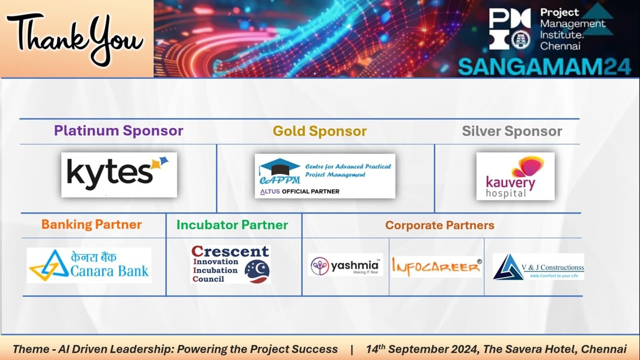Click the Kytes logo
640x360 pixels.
(119, 174)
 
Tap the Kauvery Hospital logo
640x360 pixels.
(516, 176)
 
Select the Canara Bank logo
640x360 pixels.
(89, 265)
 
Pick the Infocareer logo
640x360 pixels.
(436, 266)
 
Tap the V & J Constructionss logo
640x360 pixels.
(538, 266)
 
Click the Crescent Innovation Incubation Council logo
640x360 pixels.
(230, 264)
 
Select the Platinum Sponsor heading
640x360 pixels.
(118, 130)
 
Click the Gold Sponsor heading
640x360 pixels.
(320, 131)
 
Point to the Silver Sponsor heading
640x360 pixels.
(512, 131)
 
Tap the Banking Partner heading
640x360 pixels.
(92, 224)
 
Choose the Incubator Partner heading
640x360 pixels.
(232, 225)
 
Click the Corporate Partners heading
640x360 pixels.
(440, 226)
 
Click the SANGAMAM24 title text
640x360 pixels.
(544, 67)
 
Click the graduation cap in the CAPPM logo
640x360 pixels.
(280, 167)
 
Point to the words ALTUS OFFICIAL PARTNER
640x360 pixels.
(300, 192)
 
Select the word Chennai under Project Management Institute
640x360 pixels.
(560, 46)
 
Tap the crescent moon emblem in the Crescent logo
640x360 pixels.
(257, 270)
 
